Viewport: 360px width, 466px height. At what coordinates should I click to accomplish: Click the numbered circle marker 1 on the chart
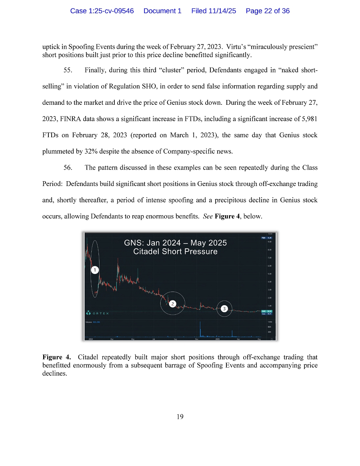[x=94, y=270]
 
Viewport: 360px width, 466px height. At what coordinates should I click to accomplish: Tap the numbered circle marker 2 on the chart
[x=172, y=304]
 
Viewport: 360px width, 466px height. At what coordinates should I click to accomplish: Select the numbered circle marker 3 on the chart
[x=224, y=308]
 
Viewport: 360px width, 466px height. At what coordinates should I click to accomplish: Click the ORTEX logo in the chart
[x=97, y=313]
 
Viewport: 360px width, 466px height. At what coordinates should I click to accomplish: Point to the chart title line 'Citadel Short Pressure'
[x=175, y=252]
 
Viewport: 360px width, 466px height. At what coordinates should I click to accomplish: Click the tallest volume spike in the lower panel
[x=200, y=328]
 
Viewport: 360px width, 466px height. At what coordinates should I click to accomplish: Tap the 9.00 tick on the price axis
[x=270, y=242]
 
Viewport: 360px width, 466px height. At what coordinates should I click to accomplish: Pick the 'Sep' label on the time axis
[x=176, y=339]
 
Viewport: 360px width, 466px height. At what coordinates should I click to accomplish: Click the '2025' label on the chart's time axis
[x=218, y=339]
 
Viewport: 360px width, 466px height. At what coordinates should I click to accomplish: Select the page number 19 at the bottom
[x=180, y=417]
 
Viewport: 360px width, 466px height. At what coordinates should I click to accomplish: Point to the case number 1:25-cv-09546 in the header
[x=102, y=11]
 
